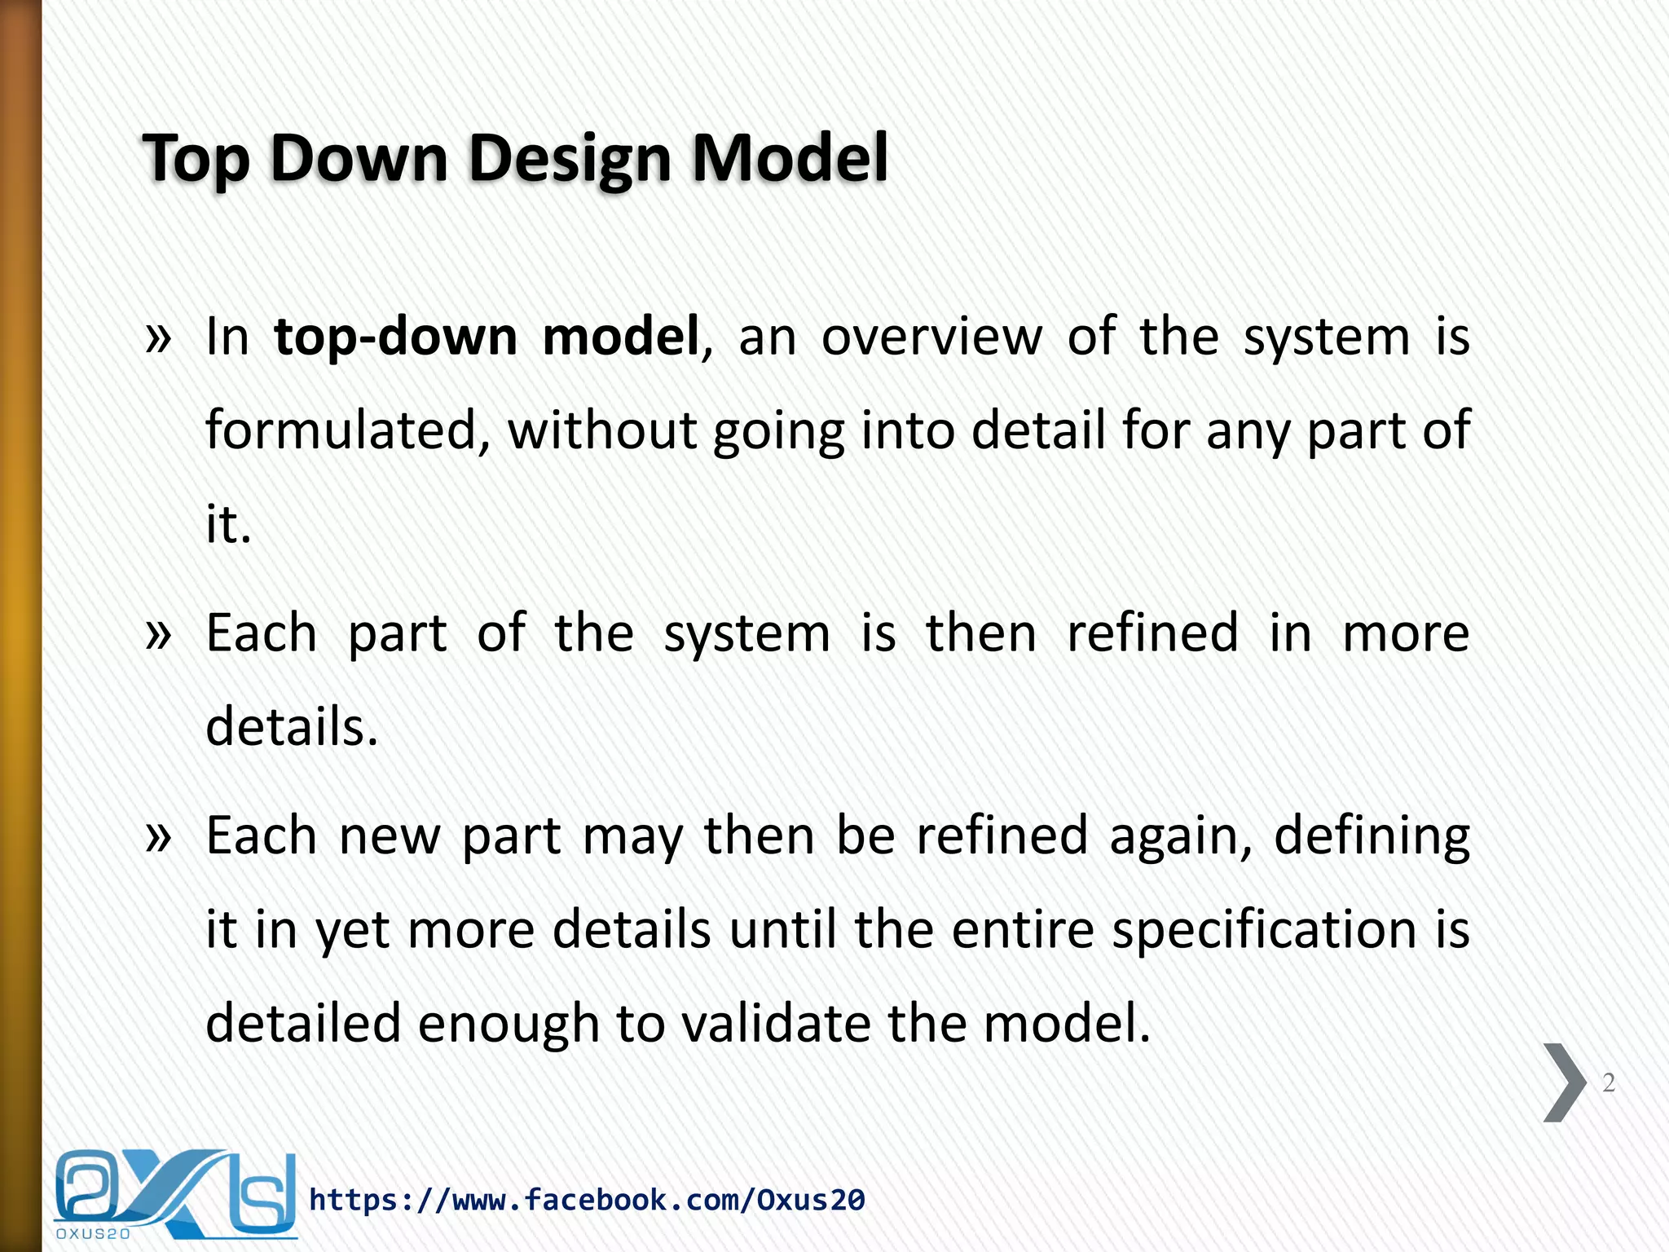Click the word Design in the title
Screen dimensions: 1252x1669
click(569, 159)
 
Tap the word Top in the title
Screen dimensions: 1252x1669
click(196, 159)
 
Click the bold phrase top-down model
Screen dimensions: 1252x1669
click(487, 337)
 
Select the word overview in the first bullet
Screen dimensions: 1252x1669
click(931, 337)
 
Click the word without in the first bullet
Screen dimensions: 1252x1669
click(602, 430)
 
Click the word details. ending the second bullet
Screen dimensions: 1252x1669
click(292, 726)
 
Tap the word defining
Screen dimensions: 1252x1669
click(1372, 837)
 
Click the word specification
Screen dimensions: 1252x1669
click(1265, 930)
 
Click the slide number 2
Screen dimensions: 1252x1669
click(1608, 1082)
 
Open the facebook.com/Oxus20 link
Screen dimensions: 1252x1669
click(587, 1200)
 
